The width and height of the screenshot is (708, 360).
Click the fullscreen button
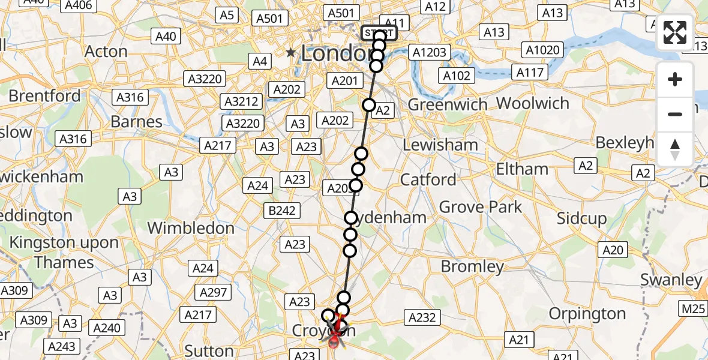tap(675, 32)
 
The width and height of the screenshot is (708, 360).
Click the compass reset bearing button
tap(675, 149)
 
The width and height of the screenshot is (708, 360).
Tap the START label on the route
tap(379, 33)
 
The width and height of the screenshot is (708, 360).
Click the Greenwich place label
tap(448, 105)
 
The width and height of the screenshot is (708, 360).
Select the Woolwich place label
tap(533, 103)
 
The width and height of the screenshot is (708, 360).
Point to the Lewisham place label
tap(440, 145)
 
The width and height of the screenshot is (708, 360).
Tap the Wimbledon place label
tap(191, 229)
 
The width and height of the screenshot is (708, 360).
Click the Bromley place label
tap(472, 266)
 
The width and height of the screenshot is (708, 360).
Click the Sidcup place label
tap(581, 218)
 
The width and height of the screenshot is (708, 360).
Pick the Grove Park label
tap(481, 208)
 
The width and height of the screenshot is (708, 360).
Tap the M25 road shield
tap(692, 309)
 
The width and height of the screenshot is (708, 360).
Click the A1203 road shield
tap(430, 53)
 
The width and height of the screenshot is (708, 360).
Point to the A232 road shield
tap(423, 317)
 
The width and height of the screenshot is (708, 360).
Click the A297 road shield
tap(214, 292)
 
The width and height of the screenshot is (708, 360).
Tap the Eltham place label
tap(522, 169)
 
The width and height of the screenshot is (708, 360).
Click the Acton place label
tap(106, 52)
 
